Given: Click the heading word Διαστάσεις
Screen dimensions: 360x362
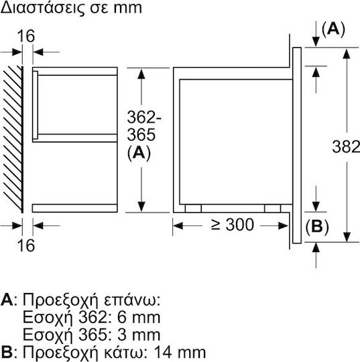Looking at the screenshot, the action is [x=39, y=7].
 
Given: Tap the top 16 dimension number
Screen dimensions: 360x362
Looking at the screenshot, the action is [x=26, y=36].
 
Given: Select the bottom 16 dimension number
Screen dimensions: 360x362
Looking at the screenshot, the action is [x=26, y=245].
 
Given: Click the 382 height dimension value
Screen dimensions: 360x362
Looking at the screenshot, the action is [x=346, y=147].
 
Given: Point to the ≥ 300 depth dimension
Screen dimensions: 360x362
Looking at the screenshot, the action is [x=233, y=225].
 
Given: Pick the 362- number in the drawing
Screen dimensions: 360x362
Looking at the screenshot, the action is [x=144, y=117].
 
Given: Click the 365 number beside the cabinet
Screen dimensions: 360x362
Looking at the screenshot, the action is [x=141, y=135].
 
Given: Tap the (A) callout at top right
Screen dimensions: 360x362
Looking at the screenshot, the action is [x=333, y=29].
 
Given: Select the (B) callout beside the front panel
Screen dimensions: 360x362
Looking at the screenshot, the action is [x=317, y=227].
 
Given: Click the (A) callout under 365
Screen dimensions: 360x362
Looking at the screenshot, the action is [x=139, y=153].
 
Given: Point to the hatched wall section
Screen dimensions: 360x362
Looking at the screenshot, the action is [x=13, y=139].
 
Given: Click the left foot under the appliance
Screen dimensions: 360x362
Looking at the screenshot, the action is [x=193, y=208].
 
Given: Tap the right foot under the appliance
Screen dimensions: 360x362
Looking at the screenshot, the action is [x=273, y=208].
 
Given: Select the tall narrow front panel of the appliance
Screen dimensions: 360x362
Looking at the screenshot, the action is [x=297, y=145].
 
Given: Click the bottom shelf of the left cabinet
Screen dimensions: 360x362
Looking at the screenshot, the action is [x=75, y=208].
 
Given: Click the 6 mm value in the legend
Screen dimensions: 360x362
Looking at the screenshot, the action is [x=139, y=318].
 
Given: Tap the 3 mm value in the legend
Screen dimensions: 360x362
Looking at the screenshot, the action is [x=139, y=335].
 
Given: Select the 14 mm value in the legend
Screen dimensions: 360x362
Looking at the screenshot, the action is [x=180, y=353].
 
